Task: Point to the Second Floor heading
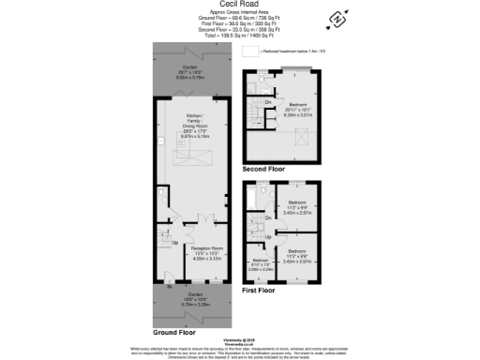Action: [264, 169]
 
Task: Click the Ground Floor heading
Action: [173, 332]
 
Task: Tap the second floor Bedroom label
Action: [300, 107]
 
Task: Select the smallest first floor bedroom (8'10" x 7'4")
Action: [259, 263]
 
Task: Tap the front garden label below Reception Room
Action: [190, 300]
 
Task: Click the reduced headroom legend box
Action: [249, 52]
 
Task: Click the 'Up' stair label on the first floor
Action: [268, 235]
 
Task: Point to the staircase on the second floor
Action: [253, 117]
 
